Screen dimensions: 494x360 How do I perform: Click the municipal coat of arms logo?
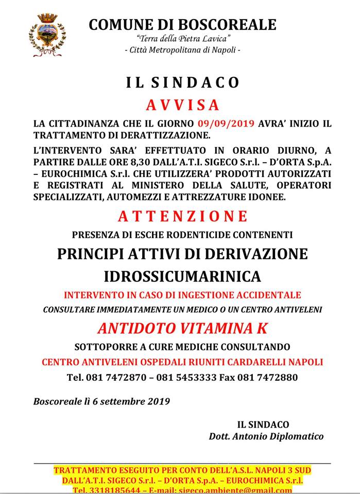47,34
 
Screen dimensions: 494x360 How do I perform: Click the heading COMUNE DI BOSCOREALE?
182,24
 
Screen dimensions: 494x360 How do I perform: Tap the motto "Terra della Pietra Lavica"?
183,39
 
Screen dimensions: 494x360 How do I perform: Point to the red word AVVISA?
182,105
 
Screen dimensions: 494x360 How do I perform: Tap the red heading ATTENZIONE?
183,216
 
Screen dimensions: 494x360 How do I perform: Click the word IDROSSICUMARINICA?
182,276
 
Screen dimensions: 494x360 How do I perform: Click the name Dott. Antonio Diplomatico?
266,436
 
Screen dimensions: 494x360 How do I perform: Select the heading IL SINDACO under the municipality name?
182,82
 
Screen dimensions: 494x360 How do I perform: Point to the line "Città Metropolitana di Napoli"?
183,50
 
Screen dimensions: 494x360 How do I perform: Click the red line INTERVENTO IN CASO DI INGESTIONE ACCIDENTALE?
182,295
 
